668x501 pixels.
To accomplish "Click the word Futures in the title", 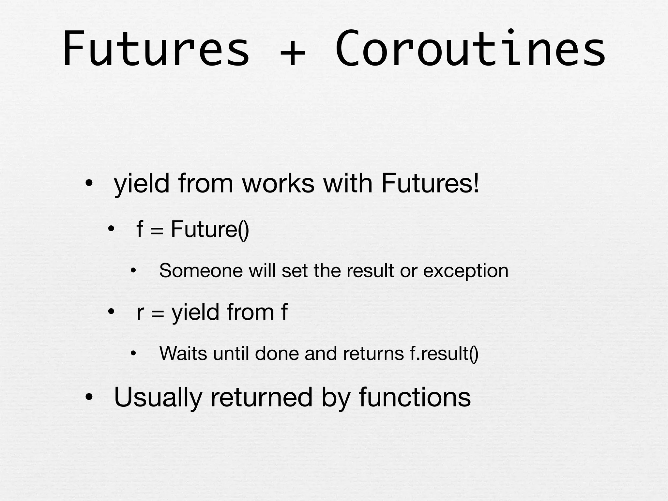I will coord(156,49).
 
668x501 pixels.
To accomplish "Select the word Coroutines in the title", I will coord(470,49).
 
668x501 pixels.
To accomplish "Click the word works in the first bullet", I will coord(278,183).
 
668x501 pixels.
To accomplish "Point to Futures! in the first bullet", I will coord(430,183).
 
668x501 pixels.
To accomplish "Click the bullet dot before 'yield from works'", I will coord(88,184).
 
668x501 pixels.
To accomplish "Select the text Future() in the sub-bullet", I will coord(210,229).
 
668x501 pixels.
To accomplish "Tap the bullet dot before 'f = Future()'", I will coord(111,229).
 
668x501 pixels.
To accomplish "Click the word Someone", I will coord(201,271).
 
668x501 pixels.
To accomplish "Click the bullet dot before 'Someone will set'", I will coord(133,271).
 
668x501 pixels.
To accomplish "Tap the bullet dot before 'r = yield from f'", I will coord(111,312).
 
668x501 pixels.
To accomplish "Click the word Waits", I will coord(183,353).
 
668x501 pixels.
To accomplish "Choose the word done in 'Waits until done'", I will coord(277,353).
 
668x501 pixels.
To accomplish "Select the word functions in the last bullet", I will coord(415,397).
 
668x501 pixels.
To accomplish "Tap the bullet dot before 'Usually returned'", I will coord(88,398).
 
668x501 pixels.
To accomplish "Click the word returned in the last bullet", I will coord(262,397).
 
